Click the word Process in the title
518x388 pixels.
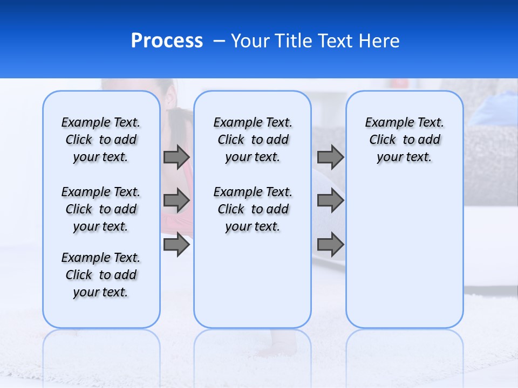[167, 41]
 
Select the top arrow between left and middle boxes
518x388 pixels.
[176, 157]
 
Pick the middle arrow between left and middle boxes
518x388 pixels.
[176, 201]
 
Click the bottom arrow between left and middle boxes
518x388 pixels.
[176, 245]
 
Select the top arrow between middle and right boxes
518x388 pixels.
[330, 157]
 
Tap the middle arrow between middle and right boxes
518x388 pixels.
[330, 201]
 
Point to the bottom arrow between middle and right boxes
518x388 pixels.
[330, 245]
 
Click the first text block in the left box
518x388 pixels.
[101, 140]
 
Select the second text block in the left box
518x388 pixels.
[101, 209]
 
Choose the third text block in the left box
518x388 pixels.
[101, 275]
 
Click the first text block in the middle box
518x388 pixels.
[253, 140]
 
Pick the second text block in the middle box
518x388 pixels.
[253, 209]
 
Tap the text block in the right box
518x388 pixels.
[405, 140]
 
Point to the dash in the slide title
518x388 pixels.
[219, 41]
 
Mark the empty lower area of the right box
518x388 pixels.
[405, 253]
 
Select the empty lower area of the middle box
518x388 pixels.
[253, 280]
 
